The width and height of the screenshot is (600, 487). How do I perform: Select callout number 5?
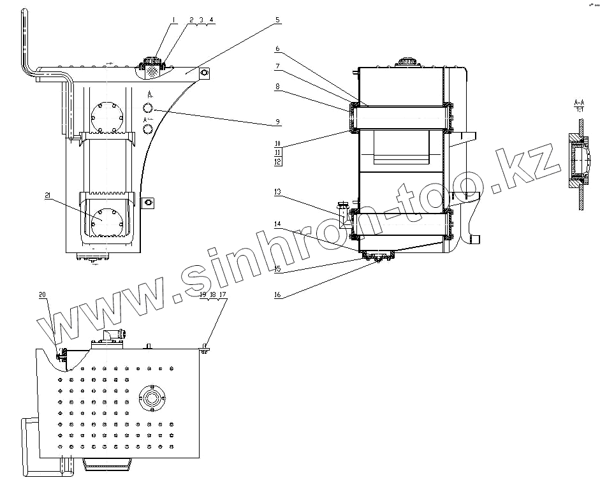click(x=278, y=20)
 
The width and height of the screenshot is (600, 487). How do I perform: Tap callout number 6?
click(x=277, y=48)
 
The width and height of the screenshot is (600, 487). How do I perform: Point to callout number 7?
click(x=277, y=66)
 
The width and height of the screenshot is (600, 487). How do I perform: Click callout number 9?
click(x=277, y=121)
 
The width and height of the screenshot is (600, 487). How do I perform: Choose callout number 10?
click(x=278, y=143)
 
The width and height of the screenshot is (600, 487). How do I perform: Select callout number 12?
click(x=278, y=161)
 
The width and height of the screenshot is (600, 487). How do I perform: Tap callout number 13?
click(x=277, y=191)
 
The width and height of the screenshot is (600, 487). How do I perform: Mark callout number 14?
click(x=277, y=224)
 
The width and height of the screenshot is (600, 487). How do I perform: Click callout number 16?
click(x=277, y=295)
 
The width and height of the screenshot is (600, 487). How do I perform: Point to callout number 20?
click(x=42, y=294)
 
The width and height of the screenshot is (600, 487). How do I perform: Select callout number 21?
click(x=48, y=196)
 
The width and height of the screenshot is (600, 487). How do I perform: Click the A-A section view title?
click(x=580, y=102)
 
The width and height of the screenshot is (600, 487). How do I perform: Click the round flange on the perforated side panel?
click(x=152, y=399)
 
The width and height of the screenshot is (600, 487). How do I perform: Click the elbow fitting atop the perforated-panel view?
click(x=112, y=335)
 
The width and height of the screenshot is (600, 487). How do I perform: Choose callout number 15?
click(x=277, y=268)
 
